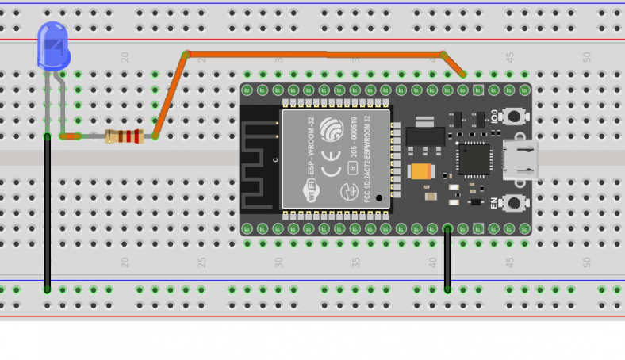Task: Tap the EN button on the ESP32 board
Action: [x=516, y=203]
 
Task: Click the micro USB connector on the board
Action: [x=520, y=159]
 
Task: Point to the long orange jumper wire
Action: [x=317, y=54]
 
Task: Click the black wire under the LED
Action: [x=48, y=214]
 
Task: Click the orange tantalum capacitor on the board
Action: [x=420, y=171]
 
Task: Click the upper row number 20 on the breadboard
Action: [x=125, y=57]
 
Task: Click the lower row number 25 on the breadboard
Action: [x=201, y=262]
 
